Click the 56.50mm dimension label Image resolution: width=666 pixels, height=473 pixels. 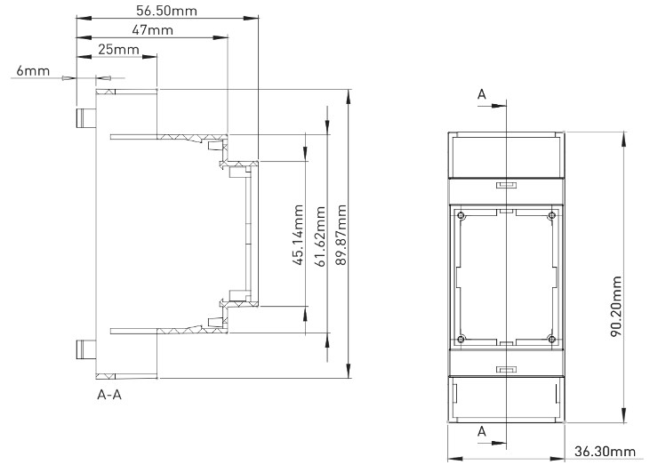tap(166, 11)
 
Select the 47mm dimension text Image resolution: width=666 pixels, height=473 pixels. tap(152, 30)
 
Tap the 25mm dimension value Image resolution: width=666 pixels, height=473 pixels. tap(119, 50)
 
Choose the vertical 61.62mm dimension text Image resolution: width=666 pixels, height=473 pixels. tap(320, 236)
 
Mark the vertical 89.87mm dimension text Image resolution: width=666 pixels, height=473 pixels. tap(341, 236)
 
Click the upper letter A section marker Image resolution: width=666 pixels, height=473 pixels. tap(482, 93)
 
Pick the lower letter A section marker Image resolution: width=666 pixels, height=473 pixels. tap(482, 429)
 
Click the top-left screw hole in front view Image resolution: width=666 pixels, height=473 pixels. tap(460, 217)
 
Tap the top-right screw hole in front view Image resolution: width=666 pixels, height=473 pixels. tap(551, 217)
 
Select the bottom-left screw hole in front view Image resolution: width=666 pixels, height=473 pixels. tap(460, 338)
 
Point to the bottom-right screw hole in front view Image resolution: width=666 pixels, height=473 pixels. tap(551, 338)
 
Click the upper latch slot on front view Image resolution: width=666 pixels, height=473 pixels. tap(505, 187)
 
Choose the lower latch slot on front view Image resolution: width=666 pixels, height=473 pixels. tap(505, 368)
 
